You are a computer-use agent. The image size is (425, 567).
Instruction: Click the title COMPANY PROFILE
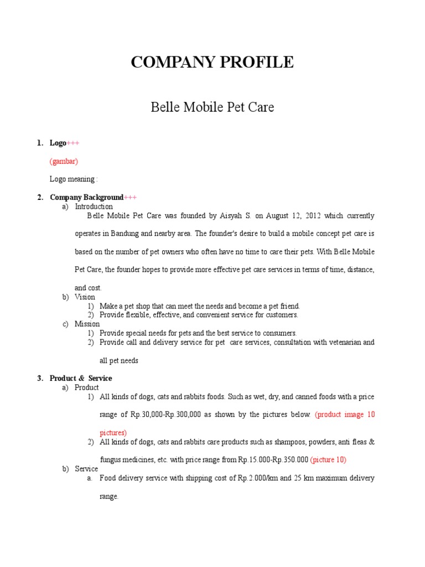pyautogui.click(x=212, y=63)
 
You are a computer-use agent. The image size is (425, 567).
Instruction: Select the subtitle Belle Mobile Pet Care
pyautogui.click(x=212, y=107)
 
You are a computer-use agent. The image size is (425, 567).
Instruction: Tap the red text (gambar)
pyautogui.click(x=64, y=161)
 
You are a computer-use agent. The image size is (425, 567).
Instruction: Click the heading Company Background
pyautogui.click(x=86, y=197)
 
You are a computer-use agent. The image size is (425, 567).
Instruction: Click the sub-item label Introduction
pyautogui.click(x=94, y=207)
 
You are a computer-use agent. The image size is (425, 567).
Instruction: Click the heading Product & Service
pyautogui.click(x=80, y=378)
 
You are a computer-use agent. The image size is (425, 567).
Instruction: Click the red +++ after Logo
pyautogui.click(x=73, y=143)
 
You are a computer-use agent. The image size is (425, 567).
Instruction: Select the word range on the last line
pyautogui.click(x=109, y=497)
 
